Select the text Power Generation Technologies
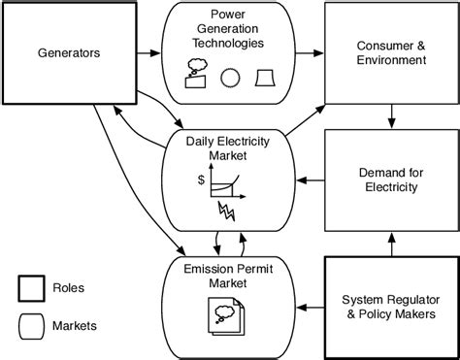229,31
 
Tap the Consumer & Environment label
391,52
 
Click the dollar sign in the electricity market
200,180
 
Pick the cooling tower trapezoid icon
266,78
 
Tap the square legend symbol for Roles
31,289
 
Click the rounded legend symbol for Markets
31,326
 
